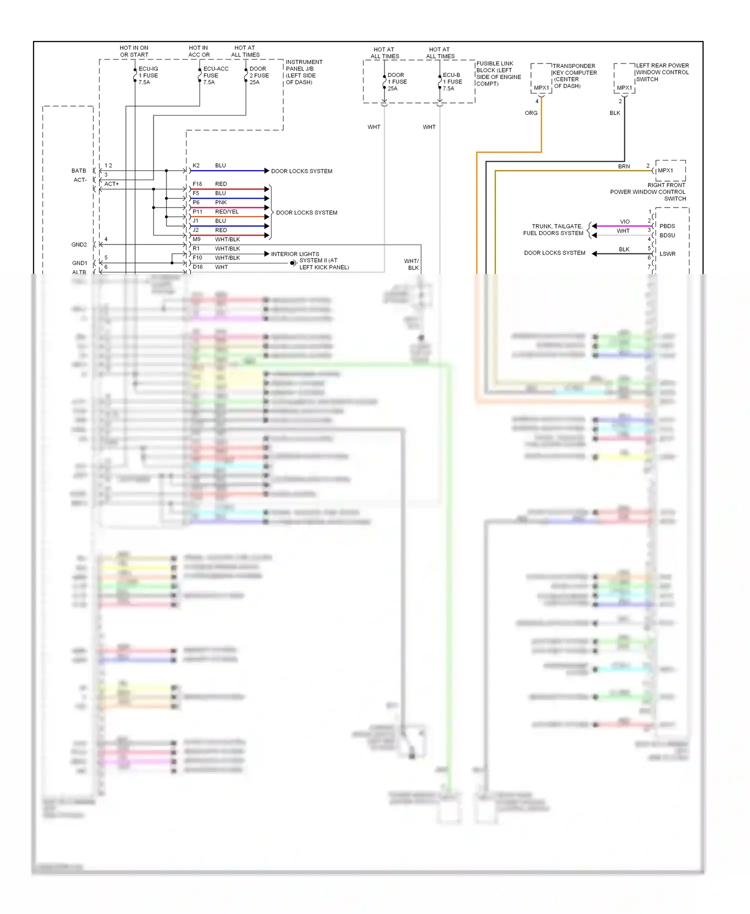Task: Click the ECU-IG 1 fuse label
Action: [x=148, y=75]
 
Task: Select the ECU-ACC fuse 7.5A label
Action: [x=215, y=75]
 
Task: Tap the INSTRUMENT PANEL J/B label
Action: [x=303, y=72]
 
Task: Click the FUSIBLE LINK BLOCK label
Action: [x=498, y=73]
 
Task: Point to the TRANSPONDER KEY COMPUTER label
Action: [x=574, y=75]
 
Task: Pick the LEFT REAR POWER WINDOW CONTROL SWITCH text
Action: [x=661, y=72]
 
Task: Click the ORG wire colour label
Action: [x=531, y=113]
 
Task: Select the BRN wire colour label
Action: [x=623, y=166]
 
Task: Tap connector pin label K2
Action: [x=196, y=165]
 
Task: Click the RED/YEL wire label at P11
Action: [x=226, y=211]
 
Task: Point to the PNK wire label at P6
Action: [x=220, y=202]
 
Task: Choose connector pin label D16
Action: [x=197, y=267]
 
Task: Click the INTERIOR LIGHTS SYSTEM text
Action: [x=294, y=254]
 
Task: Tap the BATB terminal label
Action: [x=78, y=170]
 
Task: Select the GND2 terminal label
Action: [x=79, y=244]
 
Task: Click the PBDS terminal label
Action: [x=666, y=226]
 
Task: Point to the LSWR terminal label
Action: [x=667, y=254]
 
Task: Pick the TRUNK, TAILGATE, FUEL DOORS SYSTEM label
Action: [x=553, y=229]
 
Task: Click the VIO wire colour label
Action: [x=624, y=221]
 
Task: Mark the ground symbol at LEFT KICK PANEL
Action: [x=293, y=263]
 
